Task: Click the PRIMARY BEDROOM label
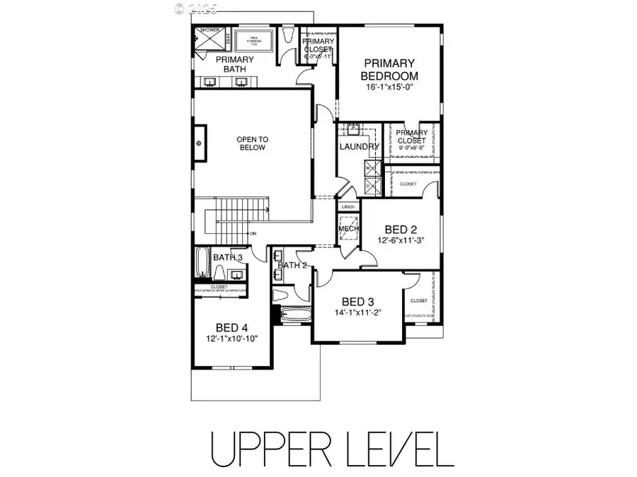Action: click(x=389, y=69)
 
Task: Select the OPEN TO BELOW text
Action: click(x=251, y=143)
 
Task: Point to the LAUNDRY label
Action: click(x=360, y=146)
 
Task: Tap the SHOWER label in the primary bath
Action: click(x=210, y=30)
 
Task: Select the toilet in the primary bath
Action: click(x=287, y=36)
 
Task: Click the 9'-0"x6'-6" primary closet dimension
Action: click(x=411, y=148)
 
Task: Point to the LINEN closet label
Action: click(x=348, y=206)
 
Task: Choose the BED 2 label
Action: click(x=396, y=230)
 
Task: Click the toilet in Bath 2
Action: click(x=281, y=295)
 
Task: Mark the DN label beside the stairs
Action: click(x=251, y=233)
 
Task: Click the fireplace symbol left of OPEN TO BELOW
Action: click(x=200, y=143)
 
